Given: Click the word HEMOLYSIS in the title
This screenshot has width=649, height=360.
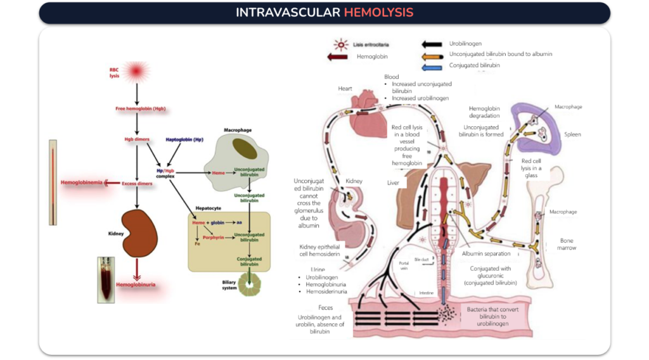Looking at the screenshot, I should [x=378, y=13].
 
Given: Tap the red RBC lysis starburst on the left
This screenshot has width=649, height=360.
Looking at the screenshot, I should [x=136, y=72].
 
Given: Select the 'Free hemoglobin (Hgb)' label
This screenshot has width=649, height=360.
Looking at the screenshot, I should [x=137, y=109].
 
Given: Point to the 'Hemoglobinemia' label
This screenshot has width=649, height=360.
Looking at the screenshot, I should [x=81, y=183].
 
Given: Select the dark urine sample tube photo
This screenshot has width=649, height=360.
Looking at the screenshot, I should [x=105, y=279].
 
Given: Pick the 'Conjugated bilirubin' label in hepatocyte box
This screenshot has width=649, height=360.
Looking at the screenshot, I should [x=250, y=261].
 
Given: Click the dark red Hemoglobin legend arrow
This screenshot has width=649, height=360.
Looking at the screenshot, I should [x=341, y=57].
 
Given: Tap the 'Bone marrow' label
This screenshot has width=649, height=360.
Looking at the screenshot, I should [x=567, y=244].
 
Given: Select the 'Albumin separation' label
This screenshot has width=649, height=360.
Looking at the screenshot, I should [x=486, y=254].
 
